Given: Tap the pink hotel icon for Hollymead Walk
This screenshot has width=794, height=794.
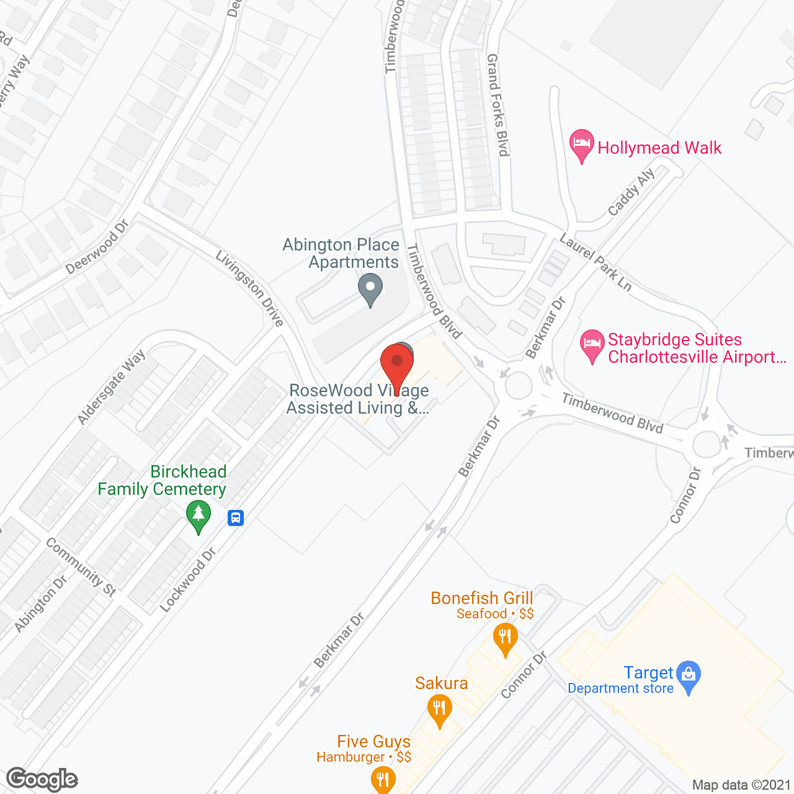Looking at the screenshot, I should (x=581, y=145).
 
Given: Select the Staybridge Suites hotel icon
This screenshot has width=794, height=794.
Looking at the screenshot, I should (x=592, y=345).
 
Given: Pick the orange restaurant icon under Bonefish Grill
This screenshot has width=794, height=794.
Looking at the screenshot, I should (x=506, y=638).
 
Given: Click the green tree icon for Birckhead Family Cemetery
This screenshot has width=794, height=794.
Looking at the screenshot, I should (x=198, y=516).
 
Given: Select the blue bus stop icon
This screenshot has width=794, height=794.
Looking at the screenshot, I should (x=236, y=517).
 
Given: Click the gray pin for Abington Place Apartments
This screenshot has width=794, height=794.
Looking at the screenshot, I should (x=370, y=290).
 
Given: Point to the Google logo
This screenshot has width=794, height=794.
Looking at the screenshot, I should (x=42, y=779).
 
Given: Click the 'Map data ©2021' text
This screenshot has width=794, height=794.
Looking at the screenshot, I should (x=741, y=785).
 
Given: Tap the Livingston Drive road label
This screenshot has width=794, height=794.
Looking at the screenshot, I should (x=249, y=288).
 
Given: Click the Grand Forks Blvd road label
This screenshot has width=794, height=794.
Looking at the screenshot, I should (x=497, y=105).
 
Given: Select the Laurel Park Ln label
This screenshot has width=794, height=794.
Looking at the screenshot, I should (x=595, y=262).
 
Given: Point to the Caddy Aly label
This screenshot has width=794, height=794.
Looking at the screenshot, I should (x=631, y=192).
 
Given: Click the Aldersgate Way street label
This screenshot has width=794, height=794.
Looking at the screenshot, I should (x=111, y=387).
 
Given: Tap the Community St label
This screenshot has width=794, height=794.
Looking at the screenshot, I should (x=81, y=568).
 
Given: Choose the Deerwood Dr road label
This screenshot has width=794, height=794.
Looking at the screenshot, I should (x=97, y=247).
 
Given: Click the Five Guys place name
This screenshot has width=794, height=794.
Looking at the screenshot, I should (x=373, y=742).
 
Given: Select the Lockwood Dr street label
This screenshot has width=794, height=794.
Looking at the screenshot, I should (x=187, y=580).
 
